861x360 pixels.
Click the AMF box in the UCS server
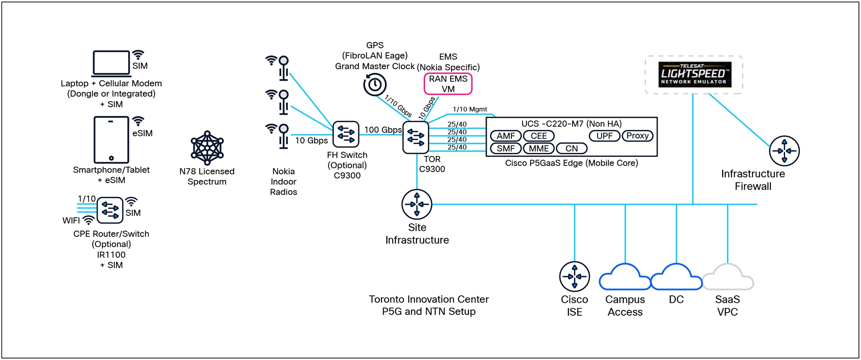pos(505,136)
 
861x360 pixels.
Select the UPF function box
pos(604,136)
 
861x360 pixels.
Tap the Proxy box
pos(637,136)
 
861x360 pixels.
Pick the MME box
pos(539,149)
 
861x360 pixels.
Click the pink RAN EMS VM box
pos(448,84)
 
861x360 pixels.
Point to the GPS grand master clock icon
pos(375,85)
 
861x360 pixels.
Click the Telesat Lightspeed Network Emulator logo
pos(694,74)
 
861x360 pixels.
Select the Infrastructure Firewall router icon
pos(784,151)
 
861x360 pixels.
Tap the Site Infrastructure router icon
pos(417,204)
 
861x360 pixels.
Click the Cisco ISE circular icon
pos(574,277)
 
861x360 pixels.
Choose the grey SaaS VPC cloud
pos(727,278)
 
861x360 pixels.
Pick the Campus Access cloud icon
pos(625,278)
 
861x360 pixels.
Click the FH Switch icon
pos(346,134)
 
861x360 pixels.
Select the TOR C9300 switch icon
pos(416,137)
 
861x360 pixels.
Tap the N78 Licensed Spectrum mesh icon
pos(207,148)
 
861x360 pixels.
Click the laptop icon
pos(111,63)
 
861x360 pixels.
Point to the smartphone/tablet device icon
pos(111,140)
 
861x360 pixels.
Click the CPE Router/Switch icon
pos(110,210)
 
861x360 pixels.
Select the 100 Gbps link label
pos(383,130)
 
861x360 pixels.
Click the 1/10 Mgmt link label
pos(469,109)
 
